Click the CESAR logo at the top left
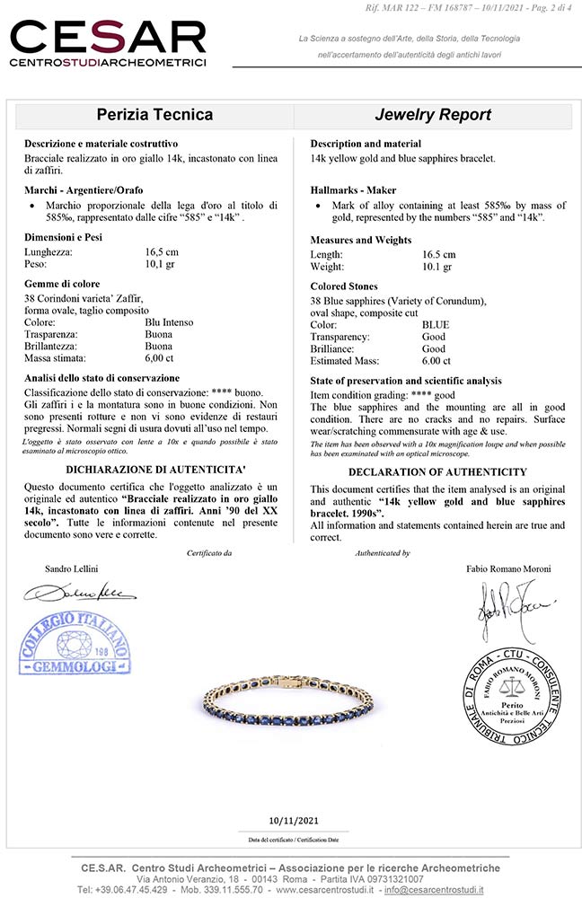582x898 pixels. tap(108, 44)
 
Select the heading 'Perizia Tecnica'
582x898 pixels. tap(154, 115)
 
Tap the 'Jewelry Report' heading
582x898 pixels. tap(432, 115)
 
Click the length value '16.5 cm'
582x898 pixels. tap(439, 254)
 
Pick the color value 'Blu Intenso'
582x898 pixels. tap(169, 321)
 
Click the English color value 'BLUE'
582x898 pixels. tap(436, 324)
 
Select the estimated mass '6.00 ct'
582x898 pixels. tap(436, 360)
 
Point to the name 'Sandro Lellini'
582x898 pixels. tap(73, 568)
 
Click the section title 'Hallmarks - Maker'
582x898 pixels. tap(353, 190)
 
